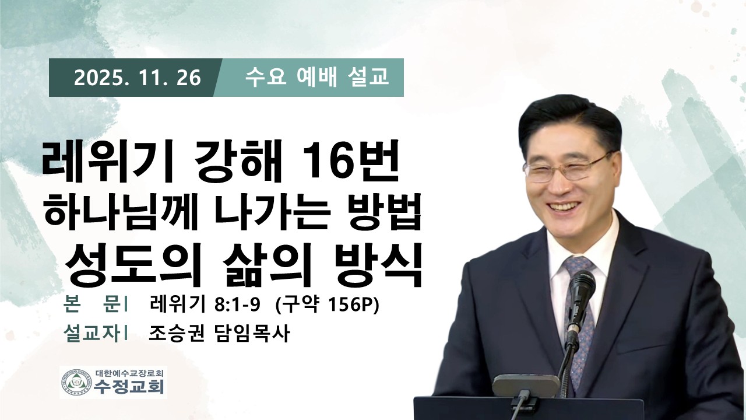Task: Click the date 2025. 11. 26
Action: coord(137,78)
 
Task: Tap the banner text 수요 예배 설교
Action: coord(316,77)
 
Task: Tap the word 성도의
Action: coord(129,264)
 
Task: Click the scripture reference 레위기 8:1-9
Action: coord(205,304)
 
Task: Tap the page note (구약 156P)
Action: coord(328,304)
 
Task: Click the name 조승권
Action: coord(177,333)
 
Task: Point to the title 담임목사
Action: coord(251,333)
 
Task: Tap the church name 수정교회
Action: coord(129,387)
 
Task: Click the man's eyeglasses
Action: coord(566,169)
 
